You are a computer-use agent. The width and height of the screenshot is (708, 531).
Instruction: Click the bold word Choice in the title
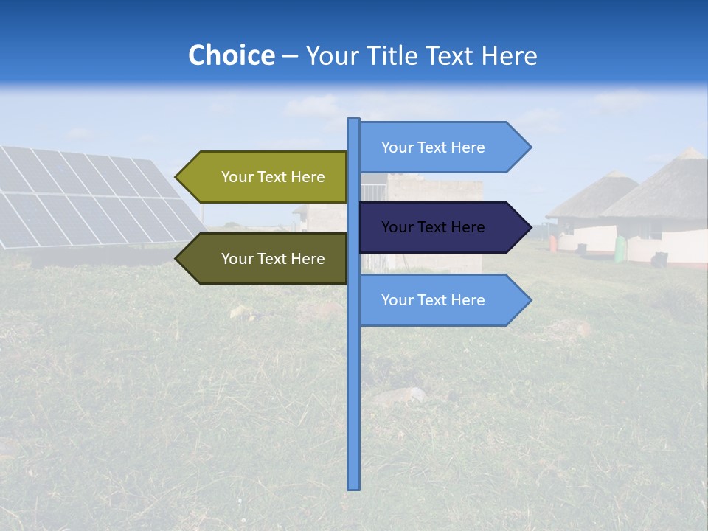231,55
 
